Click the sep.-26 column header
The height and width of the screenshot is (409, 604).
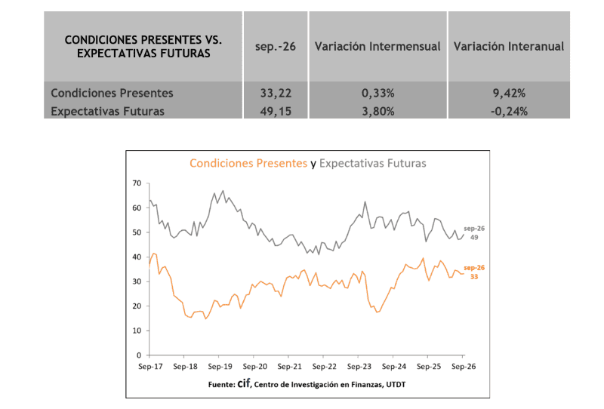tap(276, 47)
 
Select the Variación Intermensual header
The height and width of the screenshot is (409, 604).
tap(377, 46)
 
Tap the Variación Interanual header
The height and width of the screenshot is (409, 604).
tap(509, 46)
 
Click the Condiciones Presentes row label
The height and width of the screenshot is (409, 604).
tap(112, 93)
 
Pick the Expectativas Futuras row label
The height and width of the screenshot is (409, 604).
tap(107, 111)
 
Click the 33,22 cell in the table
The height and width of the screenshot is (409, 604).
tap(276, 94)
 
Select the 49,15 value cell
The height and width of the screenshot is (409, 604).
tap(276, 112)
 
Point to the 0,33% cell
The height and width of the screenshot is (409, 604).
tap(378, 94)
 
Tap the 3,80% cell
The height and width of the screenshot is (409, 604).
tap(378, 112)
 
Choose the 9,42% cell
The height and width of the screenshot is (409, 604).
tap(509, 94)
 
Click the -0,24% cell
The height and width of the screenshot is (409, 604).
tap(509, 112)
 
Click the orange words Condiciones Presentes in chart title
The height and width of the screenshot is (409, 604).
tap(248, 163)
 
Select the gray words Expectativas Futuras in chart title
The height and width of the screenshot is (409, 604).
tap(373, 163)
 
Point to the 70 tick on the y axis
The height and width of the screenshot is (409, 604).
tap(137, 183)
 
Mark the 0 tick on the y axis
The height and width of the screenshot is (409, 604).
tap(139, 355)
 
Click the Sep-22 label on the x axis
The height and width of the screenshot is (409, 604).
tap(325, 367)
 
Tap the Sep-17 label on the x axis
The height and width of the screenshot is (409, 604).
tap(150, 367)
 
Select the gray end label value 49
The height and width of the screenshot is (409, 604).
tap(474, 238)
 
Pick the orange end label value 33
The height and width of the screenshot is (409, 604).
tap(474, 277)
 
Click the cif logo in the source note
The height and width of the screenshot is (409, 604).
tap(244, 383)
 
